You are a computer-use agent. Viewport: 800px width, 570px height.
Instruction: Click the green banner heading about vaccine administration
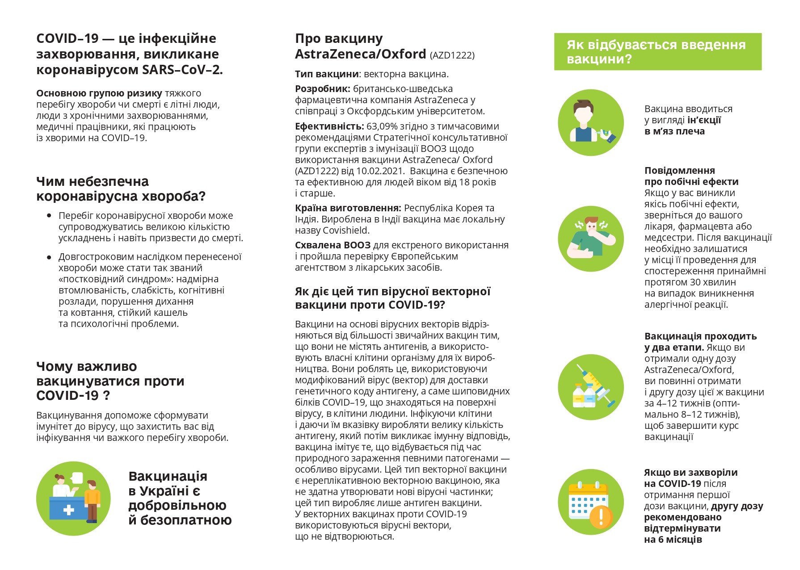pyautogui.click(x=657, y=52)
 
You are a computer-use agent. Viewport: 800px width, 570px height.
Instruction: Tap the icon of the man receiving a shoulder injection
pyautogui.click(x=591, y=122)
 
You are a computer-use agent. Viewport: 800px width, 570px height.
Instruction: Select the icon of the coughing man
pyautogui.click(x=591, y=239)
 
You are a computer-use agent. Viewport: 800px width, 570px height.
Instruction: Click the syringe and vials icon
pyautogui.click(x=591, y=387)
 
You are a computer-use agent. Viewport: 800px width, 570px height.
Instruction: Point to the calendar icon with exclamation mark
pyautogui.click(x=591, y=503)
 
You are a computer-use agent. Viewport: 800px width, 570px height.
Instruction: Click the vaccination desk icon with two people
pyautogui.click(x=73, y=499)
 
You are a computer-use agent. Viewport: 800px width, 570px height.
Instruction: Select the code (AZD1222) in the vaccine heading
pyautogui.click(x=452, y=55)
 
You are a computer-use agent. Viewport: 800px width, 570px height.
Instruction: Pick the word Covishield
pyautogui.click(x=345, y=231)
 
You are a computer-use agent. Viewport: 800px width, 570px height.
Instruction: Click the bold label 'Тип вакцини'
pyautogui.click(x=327, y=74)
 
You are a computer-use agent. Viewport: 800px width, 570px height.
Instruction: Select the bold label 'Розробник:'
pyautogui.click(x=322, y=89)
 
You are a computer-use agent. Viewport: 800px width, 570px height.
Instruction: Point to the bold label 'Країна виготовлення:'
pyautogui.click(x=348, y=208)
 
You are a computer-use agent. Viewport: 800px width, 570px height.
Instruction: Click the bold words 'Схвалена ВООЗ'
pyautogui.click(x=333, y=245)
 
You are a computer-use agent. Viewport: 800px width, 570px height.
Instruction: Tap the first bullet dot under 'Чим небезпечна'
pyautogui.click(x=49, y=216)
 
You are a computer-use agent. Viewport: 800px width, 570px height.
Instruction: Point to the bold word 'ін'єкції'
pyautogui.click(x=704, y=120)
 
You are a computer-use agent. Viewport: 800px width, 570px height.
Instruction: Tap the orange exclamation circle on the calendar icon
pyautogui.click(x=601, y=516)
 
